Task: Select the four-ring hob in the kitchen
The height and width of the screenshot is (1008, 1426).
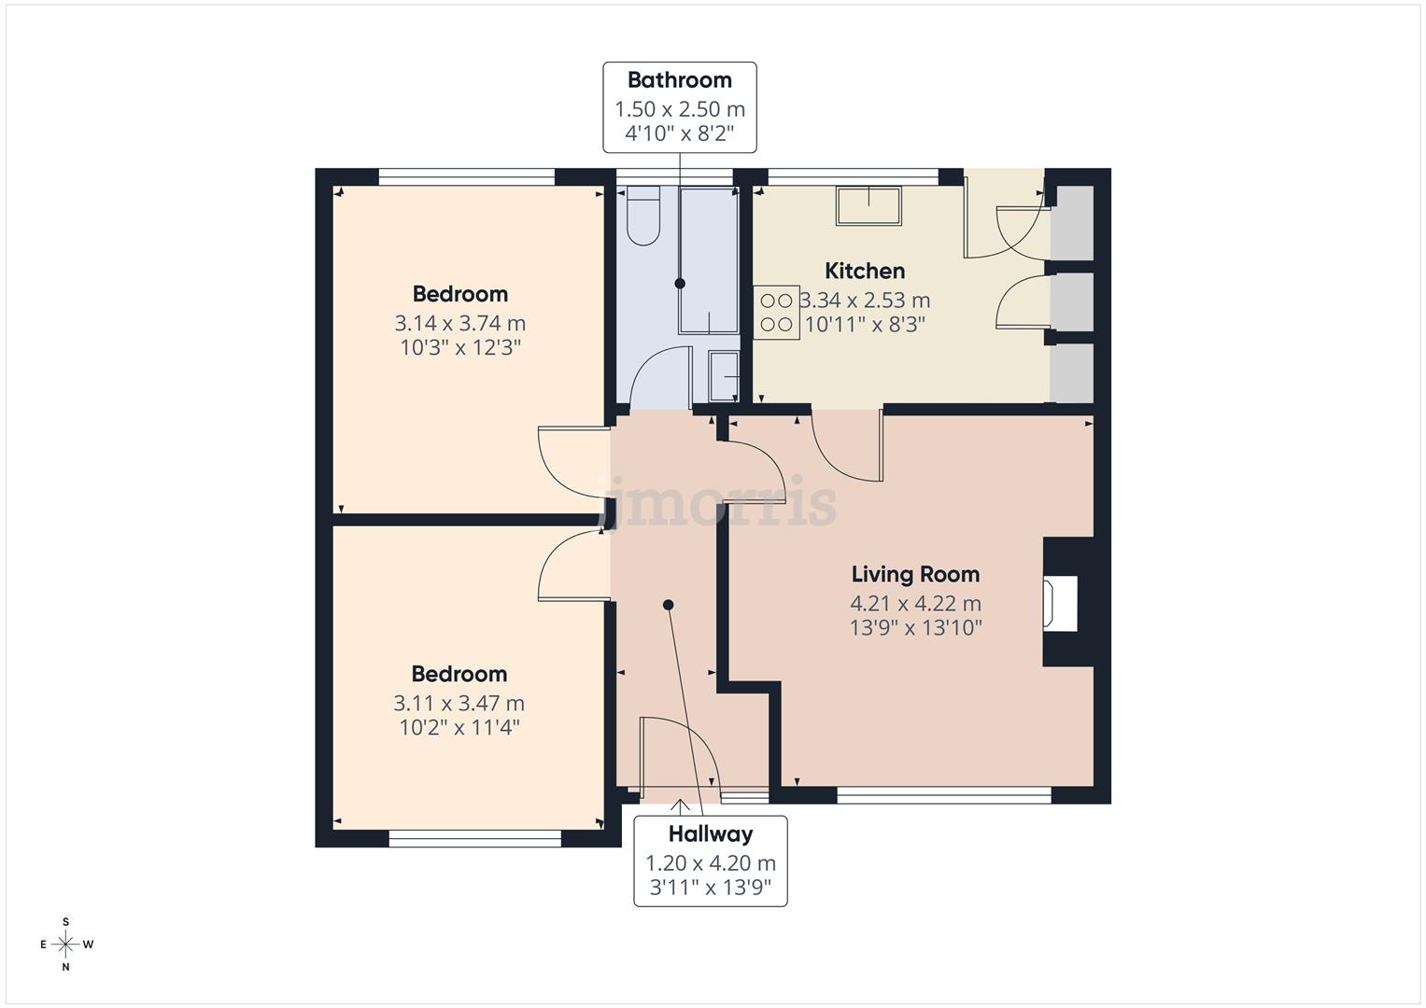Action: (x=776, y=313)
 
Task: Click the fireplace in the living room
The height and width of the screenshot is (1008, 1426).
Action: (x=1062, y=603)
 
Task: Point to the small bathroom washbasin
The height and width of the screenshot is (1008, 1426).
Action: (x=724, y=376)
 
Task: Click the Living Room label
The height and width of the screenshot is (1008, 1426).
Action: (x=915, y=574)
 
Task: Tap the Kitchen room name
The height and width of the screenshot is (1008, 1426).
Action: (x=865, y=272)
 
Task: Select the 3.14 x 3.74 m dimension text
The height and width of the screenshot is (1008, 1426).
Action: (x=459, y=324)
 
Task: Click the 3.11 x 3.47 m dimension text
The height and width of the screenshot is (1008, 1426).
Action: (x=459, y=704)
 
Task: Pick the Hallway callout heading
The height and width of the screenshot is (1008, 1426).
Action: (x=710, y=834)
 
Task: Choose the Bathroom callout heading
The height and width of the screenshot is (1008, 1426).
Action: (x=679, y=80)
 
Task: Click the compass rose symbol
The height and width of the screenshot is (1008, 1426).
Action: (x=65, y=945)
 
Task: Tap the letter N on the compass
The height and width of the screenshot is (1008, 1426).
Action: (x=65, y=967)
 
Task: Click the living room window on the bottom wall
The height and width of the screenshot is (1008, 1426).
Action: (x=944, y=795)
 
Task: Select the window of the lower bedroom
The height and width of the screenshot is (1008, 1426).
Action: (x=474, y=839)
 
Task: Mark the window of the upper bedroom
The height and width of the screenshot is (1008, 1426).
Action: (x=467, y=176)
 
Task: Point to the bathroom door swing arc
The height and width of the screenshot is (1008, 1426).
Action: (x=659, y=377)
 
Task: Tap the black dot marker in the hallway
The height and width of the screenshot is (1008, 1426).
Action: (x=668, y=605)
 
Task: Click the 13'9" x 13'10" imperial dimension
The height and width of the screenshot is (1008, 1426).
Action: (x=915, y=628)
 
